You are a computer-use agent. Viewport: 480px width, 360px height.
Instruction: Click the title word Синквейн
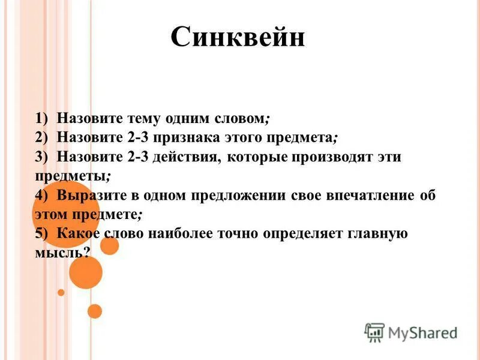click(238, 38)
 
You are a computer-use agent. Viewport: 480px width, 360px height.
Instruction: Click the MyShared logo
click(411, 332)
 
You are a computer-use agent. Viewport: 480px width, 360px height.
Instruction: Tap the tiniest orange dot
click(61, 292)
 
